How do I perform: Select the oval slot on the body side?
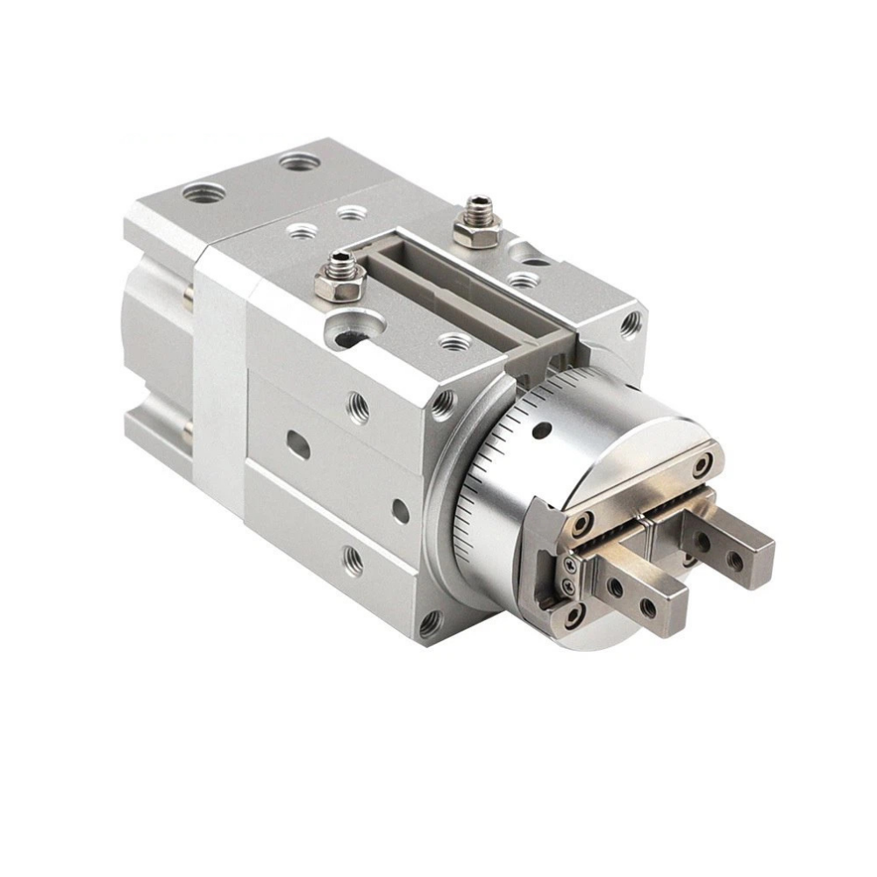[x=299, y=446]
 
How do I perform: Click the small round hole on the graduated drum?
[x=541, y=430]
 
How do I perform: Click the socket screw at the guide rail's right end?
[x=702, y=465]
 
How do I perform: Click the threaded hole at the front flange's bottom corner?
[x=430, y=624]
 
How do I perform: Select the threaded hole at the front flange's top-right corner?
[x=630, y=325]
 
